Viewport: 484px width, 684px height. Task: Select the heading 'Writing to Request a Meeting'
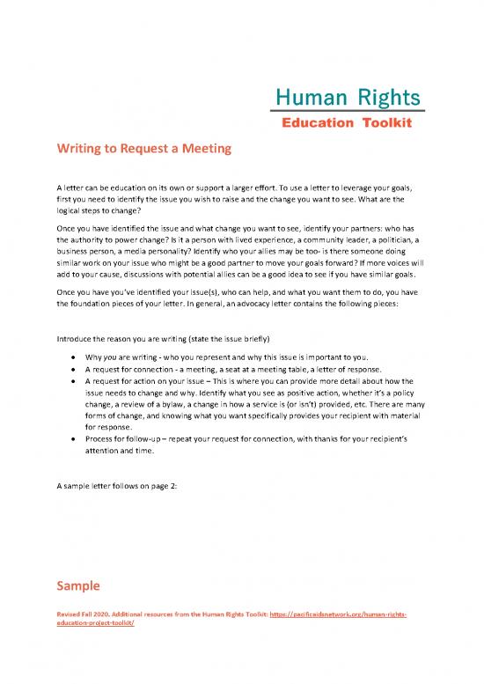[143, 149]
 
